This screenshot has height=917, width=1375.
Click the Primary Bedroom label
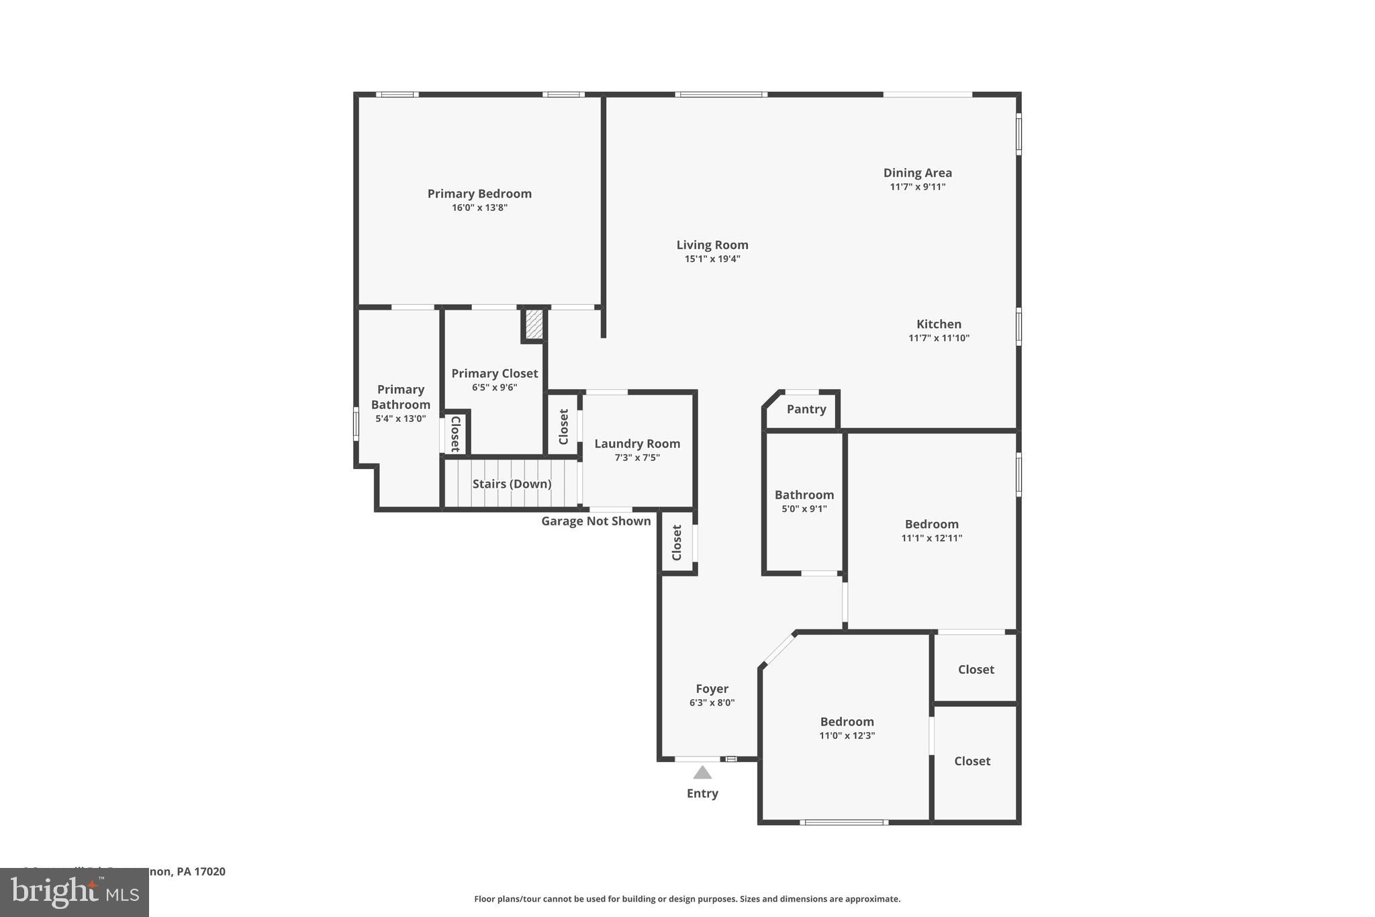[x=479, y=193]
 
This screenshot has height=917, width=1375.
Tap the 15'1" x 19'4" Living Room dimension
[x=712, y=259]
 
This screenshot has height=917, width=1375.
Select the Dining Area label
[x=917, y=173]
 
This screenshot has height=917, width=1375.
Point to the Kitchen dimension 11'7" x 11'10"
[x=939, y=339]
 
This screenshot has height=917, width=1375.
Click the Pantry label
[x=806, y=409]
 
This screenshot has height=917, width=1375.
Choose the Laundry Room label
[x=636, y=443]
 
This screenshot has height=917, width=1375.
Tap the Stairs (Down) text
[x=512, y=484]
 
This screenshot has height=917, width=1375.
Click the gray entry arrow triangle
[x=702, y=773]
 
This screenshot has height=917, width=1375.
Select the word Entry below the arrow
[x=702, y=793]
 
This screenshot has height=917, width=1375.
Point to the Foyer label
[x=712, y=689]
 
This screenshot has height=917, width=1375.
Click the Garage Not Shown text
[x=596, y=521]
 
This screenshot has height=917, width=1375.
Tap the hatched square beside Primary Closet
[x=534, y=324]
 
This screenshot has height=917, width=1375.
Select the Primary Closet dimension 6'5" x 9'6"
[x=494, y=388]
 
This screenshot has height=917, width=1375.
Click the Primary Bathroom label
[x=400, y=397]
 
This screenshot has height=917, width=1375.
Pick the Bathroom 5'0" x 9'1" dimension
[x=804, y=509]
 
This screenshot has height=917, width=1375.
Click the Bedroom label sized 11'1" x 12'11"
[x=931, y=524]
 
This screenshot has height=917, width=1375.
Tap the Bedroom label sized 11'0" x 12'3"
[x=847, y=722]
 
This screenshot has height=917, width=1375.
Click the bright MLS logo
[x=74, y=892]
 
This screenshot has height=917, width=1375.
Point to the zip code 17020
[x=209, y=871]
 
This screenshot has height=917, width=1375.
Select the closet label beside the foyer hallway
[x=677, y=543]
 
